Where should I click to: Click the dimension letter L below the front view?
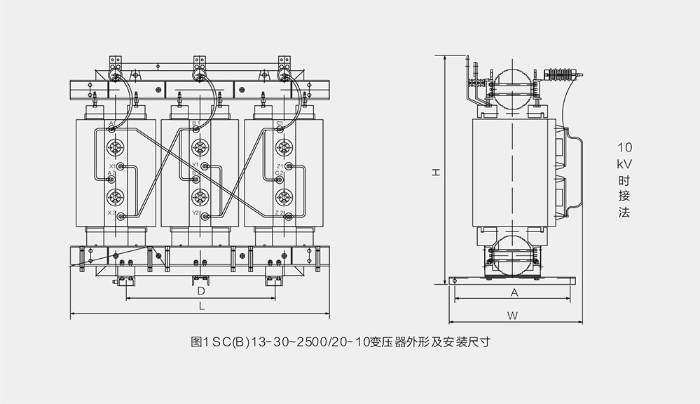coord(201,307)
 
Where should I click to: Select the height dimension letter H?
coord(435,171)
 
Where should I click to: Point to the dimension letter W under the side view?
coord(512,316)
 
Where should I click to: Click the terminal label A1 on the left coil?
coord(112,123)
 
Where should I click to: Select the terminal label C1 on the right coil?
coord(280,123)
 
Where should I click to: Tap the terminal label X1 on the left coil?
coord(112,167)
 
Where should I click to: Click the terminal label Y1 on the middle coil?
coord(195,166)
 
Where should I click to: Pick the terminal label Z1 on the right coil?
coord(280,166)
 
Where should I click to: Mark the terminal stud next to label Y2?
coord(205,217)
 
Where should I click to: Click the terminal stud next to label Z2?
coord(288,217)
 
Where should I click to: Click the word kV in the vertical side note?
coord(624,163)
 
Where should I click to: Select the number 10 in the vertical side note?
coord(624,148)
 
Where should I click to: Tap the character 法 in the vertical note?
coord(624,212)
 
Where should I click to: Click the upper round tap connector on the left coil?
coord(115,148)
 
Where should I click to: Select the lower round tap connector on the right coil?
coord(283,196)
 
